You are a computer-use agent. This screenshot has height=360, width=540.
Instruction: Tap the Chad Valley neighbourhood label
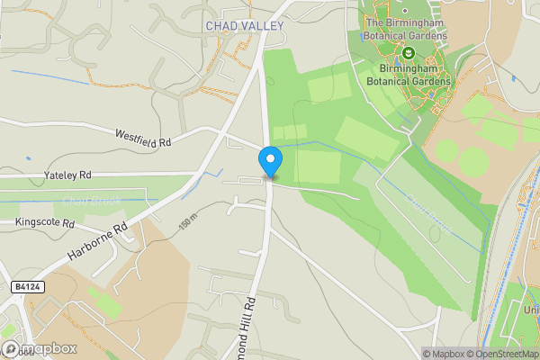coord(244,26)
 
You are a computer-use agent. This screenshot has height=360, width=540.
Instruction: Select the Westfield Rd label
coord(143,137)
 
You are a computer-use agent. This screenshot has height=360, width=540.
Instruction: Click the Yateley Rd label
coord(67,174)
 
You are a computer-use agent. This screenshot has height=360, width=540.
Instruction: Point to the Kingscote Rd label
coord(45,221)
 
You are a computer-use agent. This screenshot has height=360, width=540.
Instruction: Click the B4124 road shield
coord(26,285)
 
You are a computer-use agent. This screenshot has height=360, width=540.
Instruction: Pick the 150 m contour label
coord(187,224)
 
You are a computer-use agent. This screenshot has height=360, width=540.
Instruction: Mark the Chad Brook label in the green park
coord(429,217)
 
